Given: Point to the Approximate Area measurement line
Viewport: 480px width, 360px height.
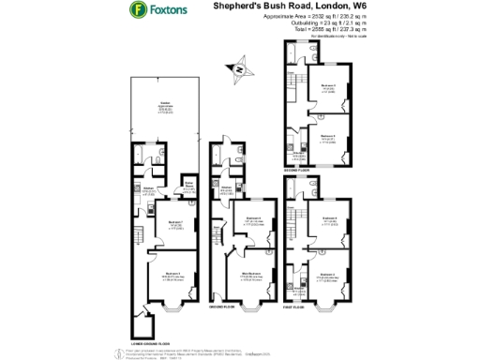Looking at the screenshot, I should pyautogui.click(x=301, y=22).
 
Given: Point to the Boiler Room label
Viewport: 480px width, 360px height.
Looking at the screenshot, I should pyautogui.click(x=187, y=186).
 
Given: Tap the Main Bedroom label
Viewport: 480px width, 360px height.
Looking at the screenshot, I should pyautogui.click(x=250, y=274).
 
